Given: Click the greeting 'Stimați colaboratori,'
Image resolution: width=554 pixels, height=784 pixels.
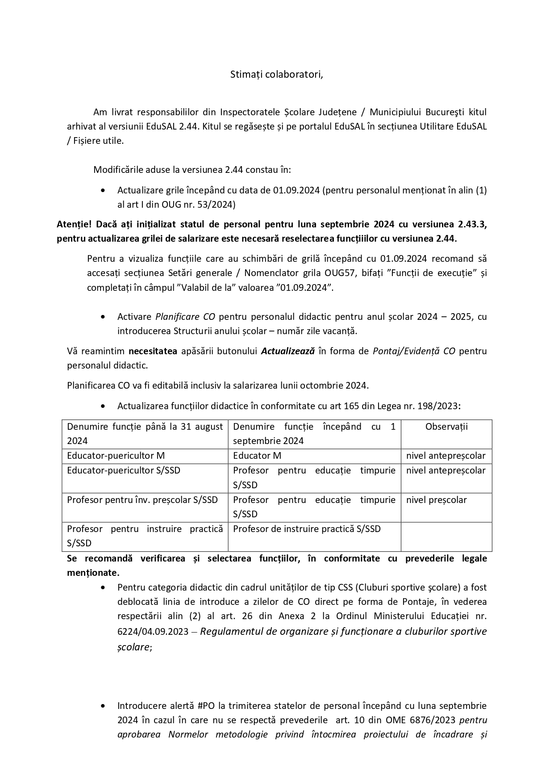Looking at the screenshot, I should [x=276, y=74].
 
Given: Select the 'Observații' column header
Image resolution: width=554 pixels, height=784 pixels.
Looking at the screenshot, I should [x=446, y=426].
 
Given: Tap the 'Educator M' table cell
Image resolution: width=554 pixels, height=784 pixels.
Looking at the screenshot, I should [x=257, y=456].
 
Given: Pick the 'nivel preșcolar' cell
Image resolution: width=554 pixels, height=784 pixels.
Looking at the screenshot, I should [x=436, y=500].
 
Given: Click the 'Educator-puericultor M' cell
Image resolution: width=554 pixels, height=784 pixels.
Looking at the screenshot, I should [x=116, y=456].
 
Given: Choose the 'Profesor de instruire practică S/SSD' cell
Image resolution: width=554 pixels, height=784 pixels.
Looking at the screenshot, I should [x=307, y=529].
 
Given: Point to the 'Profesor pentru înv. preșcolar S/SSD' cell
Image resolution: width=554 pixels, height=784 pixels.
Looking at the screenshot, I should [x=142, y=500].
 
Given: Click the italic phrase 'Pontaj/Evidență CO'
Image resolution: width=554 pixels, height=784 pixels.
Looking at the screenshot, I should [x=414, y=351].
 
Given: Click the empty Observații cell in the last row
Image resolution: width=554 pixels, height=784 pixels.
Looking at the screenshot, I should [x=446, y=536].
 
